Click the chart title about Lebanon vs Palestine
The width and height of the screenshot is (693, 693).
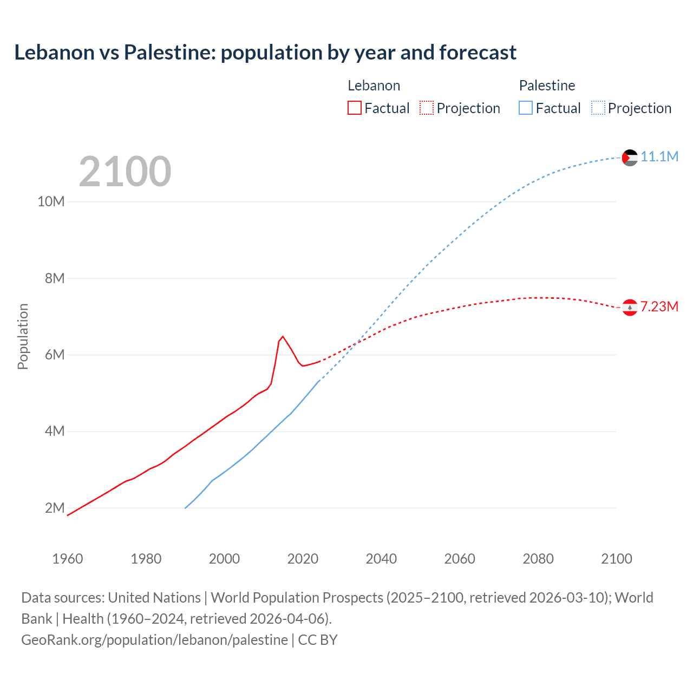click(x=265, y=53)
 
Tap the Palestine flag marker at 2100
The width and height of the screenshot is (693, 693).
click(x=630, y=158)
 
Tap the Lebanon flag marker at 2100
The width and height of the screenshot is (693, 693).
click(x=630, y=308)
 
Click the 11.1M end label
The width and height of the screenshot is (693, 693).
click(x=659, y=157)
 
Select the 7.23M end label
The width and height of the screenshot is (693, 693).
click(x=659, y=307)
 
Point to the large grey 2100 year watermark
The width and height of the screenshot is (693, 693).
click(x=125, y=172)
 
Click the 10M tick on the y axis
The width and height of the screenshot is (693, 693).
click(x=51, y=202)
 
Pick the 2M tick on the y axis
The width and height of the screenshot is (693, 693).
click(x=54, y=508)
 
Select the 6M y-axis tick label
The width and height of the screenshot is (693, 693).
click(x=54, y=355)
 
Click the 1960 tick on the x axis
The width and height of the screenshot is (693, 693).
click(x=68, y=559)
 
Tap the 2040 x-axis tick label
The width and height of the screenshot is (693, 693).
click(x=381, y=559)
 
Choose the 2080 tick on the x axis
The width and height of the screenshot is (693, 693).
click(x=538, y=559)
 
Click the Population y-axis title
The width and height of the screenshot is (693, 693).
click(x=23, y=336)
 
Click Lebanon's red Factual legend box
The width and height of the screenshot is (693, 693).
click(x=354, y=108)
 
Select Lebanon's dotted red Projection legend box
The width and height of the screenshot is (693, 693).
click(x=427, y=108)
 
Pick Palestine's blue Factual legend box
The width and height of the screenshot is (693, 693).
click(x=526, y=108)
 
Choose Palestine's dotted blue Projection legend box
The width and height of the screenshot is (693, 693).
click(x=598, y=108)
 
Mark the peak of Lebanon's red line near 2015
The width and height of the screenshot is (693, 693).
click(x=283, y=336)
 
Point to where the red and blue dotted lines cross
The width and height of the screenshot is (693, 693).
click(x=356, y=343)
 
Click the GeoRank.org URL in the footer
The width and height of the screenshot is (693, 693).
click(x=154, y=640)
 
